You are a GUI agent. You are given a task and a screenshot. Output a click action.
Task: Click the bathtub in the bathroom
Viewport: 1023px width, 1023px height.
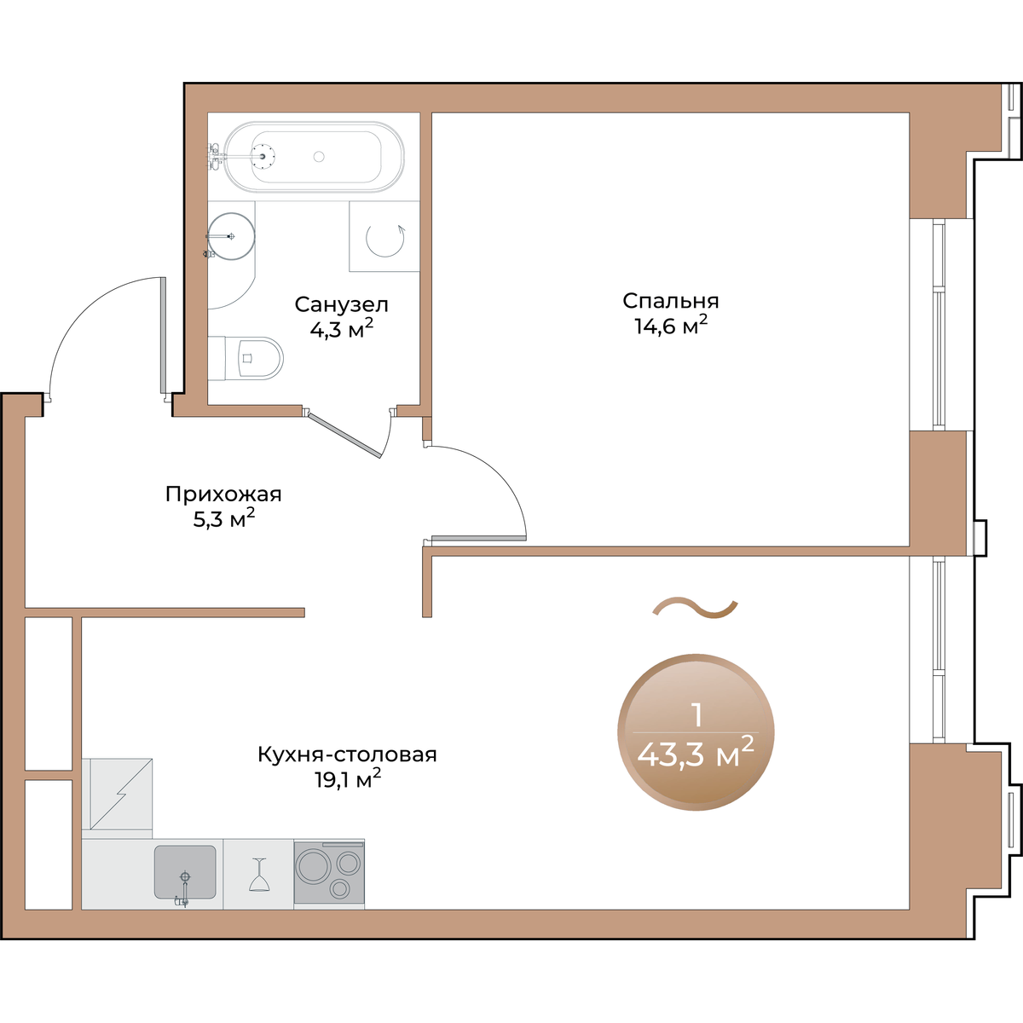pyautogui.click(x=313, y=157)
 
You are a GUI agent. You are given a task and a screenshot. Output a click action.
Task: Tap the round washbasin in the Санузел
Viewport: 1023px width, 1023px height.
pyautogui.click(x=231, y=236)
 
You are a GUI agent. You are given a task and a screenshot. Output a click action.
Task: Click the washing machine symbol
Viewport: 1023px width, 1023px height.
pyautogui.click(x=384, y=237)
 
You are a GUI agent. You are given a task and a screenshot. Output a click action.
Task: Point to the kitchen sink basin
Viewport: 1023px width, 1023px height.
pyautogui.click(x=185, y=872)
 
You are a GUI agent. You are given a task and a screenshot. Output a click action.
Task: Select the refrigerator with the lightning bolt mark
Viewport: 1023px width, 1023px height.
pyautogui.click(x=118, y=793)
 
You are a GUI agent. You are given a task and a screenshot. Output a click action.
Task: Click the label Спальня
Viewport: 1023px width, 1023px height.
pyautogui.click(x=671, y=301)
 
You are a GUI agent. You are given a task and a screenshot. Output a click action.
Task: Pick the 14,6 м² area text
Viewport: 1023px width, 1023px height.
pyautogui.click(x=671, y=326)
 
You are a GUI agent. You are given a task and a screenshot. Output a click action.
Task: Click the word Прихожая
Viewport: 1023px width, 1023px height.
pyautogui.click(x=223, y=494)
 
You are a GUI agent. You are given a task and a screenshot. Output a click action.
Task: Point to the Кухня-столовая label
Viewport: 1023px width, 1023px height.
pyautogui.click(x=347, y=754)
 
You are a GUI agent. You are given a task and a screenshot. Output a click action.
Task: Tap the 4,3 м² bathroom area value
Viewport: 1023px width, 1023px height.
pyautogui.click(x=341, y=329)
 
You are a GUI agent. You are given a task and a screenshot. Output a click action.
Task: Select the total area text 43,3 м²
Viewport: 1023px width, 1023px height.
pyautogui.click(x=696, y=753)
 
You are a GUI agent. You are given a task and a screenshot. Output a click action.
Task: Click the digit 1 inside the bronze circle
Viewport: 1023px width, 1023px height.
pyautogui.click(x=697, y=715)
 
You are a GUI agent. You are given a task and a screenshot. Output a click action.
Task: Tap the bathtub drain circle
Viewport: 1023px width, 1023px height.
pyautogui.click(x=319, y=157)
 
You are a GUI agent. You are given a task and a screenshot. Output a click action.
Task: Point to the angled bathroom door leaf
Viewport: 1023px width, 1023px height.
pyautogui.click(x=344, y=435)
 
